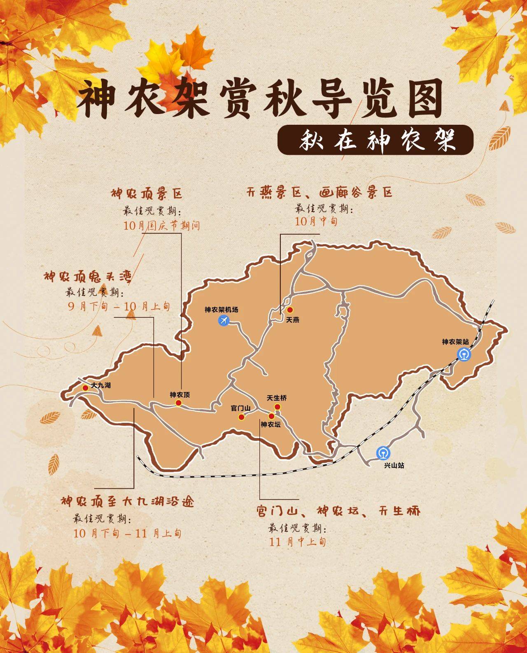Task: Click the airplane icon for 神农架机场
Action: click(224, 320)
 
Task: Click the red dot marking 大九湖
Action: click(85, 387)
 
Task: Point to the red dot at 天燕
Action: click(290, 310)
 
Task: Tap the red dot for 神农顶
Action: click(178, 403)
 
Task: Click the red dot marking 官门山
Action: click(241, 417)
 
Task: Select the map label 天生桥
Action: click(276, 398)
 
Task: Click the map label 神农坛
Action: click(270, 424)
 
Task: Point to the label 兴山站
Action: click(394, 465)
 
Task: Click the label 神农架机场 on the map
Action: click(221, 310)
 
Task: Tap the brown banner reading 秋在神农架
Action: click(375, 141)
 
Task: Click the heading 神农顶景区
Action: click(146, 194)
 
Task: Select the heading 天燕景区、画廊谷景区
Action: click(319, 192)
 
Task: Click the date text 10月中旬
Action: click(316, 221)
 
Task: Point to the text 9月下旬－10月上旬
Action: click(118, 306)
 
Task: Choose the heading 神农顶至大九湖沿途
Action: click(127, 502)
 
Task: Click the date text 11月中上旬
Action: click(298, 541)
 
